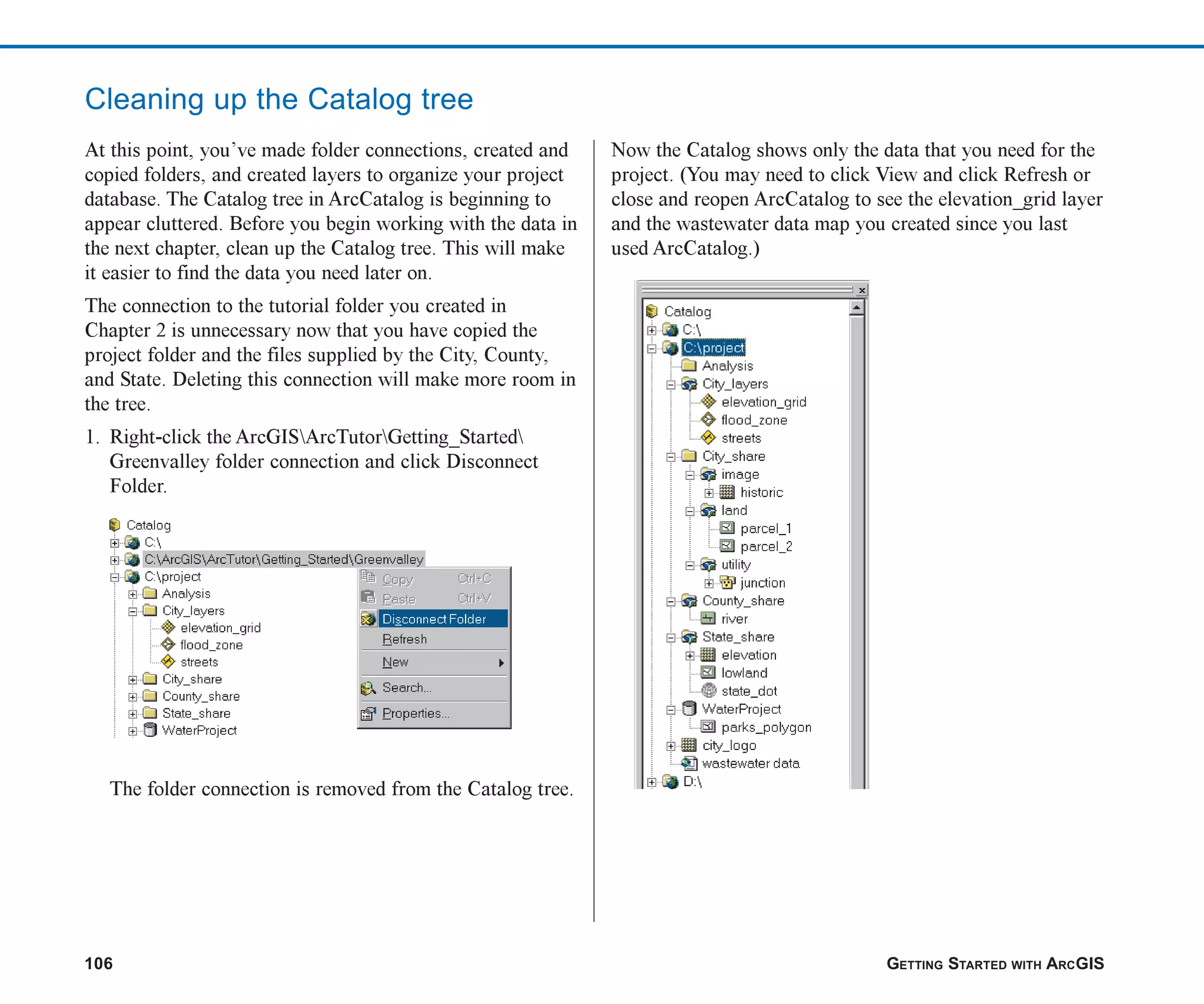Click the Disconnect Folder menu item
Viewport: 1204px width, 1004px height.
pyautogui.click(x=434, y=619)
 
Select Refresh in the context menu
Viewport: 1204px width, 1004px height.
pyautogui.click(x=404, y=639)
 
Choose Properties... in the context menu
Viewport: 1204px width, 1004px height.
pyautogui.click(x=415, y=713)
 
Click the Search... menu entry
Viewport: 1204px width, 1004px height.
pyautogui.click(x=406, y=687)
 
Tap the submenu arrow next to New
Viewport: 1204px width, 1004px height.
pyautogui.click(x=501, y=663)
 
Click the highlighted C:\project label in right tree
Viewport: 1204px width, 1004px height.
pyautogui.click(x=713, y=348)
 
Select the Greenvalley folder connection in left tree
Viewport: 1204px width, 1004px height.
pyautogui.click(x=283, y=559)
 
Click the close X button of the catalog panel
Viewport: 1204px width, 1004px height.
pyautogui.click(x=862, y=290)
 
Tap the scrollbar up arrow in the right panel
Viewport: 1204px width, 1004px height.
pyautogui.click(x=857, y=308)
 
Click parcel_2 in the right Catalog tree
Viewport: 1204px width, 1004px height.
pyautogui.click(x=765, y=546)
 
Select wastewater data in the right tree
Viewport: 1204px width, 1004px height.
pyautogui.click(x=750, y=763)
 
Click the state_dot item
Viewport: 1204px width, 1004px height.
pyautogui.click(x=748, y=691)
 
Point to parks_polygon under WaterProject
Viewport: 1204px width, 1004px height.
pyautogui.click(x=765, y=728)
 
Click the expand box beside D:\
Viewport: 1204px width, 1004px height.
pyautogui.click(x=651, y=782)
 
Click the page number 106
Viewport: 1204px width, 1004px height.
pyautogui.click(x=99, y=963)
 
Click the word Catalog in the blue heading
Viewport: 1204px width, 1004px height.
pyautogui.click(x=359, y=99)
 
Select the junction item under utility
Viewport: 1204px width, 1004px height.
pyautogui.click(x=762, y=583)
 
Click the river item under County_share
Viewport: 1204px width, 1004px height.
pyautogui.click(x=734, y=619)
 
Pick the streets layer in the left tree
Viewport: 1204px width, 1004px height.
pyautogui.click(x=199, y=662)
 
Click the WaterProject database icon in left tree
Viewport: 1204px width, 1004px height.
pyautogui.click(x=150, y=730)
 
